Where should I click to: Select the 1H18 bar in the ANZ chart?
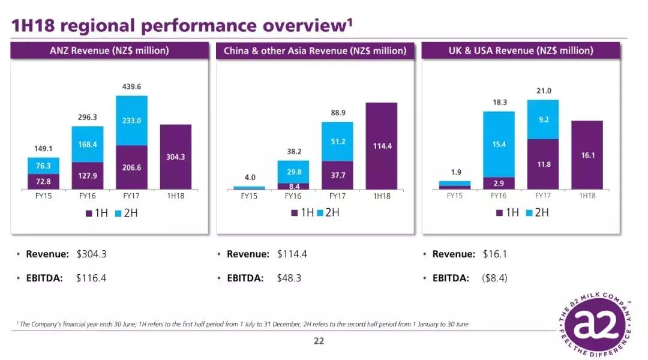175,157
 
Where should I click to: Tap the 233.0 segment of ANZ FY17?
131,121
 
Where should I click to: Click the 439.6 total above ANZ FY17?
131,87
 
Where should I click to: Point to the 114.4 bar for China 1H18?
381,146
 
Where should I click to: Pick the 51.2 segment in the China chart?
337,142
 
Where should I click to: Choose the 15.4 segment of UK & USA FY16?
499,144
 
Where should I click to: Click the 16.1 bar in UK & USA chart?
587,155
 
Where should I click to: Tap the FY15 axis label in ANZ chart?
43,196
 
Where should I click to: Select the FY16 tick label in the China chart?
293,196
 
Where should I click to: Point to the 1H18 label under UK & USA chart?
587,196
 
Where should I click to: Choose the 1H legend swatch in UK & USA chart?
499,213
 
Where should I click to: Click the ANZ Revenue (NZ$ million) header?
109,51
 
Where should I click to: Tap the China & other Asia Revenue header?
315,51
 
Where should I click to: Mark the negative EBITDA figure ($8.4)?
495,278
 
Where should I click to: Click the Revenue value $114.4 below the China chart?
292,254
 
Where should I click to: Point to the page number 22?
319,341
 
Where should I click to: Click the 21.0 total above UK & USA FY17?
543,91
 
